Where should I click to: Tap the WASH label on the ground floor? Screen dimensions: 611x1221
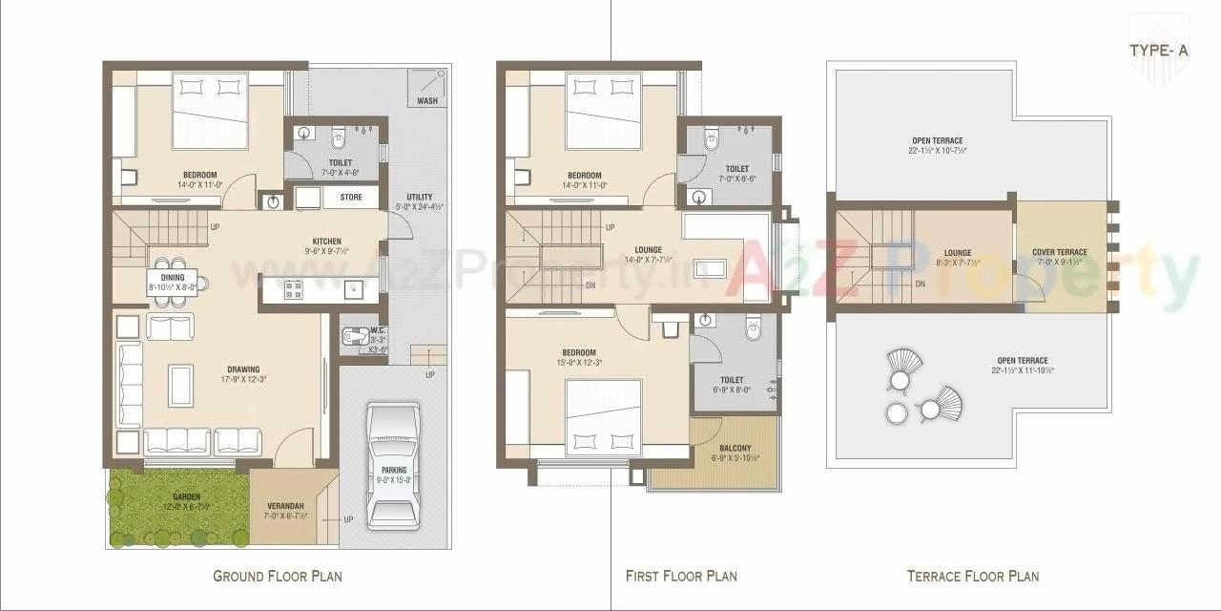click(x=426, y=100)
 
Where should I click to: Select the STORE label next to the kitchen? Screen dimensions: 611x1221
click(x=351, y=199)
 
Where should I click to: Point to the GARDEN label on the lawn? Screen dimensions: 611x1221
click(x=186, y=496)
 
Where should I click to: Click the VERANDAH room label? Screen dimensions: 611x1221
click(x=284, y=505)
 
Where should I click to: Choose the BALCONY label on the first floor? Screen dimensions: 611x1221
click(x=735, y=448)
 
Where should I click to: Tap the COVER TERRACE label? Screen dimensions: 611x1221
click(x=1059, y=253)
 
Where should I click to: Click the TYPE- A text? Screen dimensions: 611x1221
click(x=1158, y=51)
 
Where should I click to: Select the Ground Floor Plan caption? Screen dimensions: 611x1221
click(x=277, y=576)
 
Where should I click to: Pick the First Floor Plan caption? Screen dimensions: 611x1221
click(x=681, y=576)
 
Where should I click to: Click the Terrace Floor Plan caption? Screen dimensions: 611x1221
click(x=972, y=576)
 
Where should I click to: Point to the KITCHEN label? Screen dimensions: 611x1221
click(x=326, y=242)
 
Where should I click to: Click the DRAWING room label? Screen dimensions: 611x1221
click(x=243, y=369)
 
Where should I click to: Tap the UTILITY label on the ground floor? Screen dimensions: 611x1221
click(x=419, y=198)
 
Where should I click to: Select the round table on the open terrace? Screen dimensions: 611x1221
click(x=897, y=412)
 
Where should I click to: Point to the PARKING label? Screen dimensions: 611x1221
click(x=393, y=470)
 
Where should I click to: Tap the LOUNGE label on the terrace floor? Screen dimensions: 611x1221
click(x=958, y=253)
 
